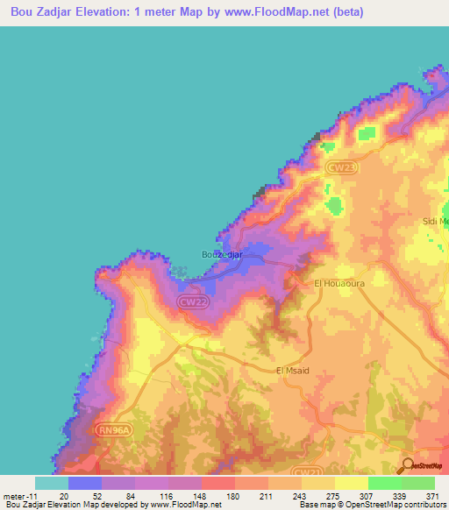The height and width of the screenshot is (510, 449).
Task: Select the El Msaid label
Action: pyautogui.click(x=293, y=371)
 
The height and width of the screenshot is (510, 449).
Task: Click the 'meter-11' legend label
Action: pyautogui.click(x=18, y=496)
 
